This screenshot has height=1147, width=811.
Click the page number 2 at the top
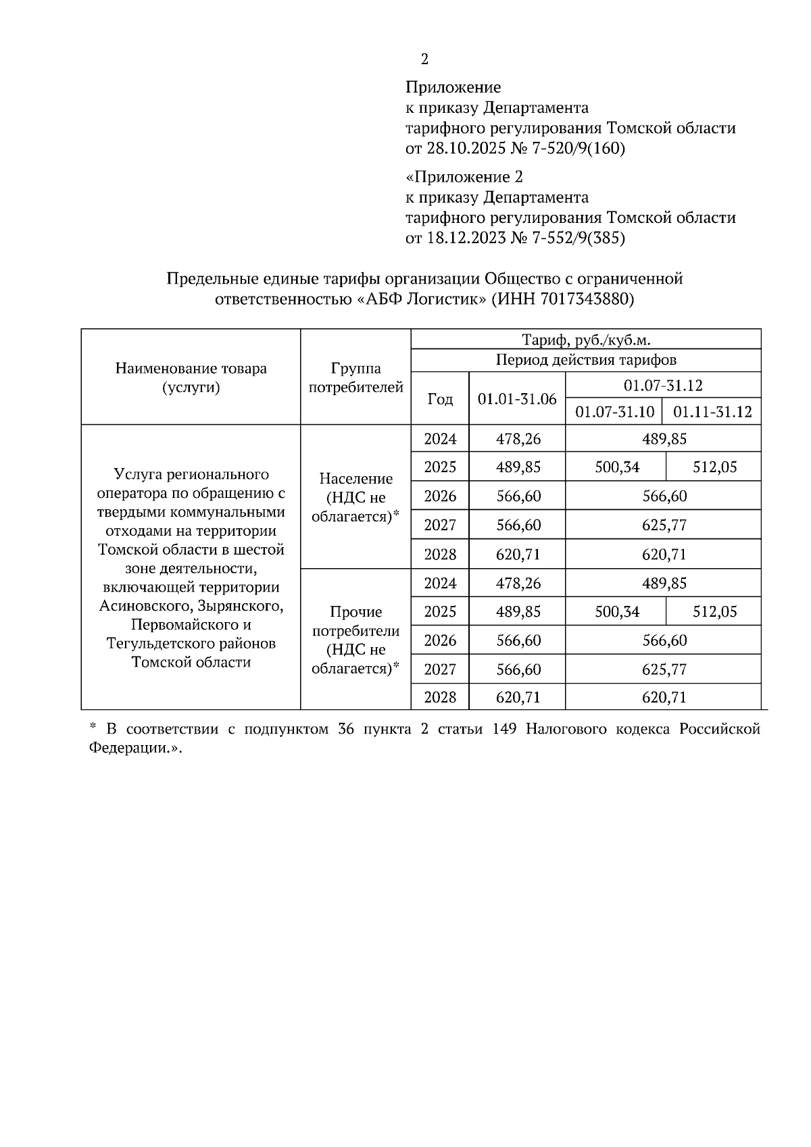point(424,59)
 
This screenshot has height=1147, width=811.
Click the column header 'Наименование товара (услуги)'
point(191,378)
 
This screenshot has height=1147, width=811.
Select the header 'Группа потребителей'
point(355,378)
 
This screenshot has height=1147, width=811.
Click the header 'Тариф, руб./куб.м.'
point(585,340)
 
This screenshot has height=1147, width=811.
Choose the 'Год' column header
point(440,399)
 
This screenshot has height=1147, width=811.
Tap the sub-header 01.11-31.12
point(713,411)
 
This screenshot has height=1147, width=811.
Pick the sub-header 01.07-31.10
point(614,411)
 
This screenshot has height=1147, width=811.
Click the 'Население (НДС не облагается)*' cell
point(355,498)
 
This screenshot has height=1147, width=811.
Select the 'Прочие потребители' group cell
point(355,640)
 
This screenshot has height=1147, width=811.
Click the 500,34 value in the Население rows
point(616,467)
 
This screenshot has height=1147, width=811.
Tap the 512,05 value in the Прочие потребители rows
point(714,611)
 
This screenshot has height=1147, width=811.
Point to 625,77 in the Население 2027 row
point(664,525)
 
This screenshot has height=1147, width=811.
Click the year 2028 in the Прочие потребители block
point(440,697)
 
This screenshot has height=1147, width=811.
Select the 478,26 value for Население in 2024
point(518,439)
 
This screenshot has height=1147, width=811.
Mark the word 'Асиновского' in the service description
point(138,606)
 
